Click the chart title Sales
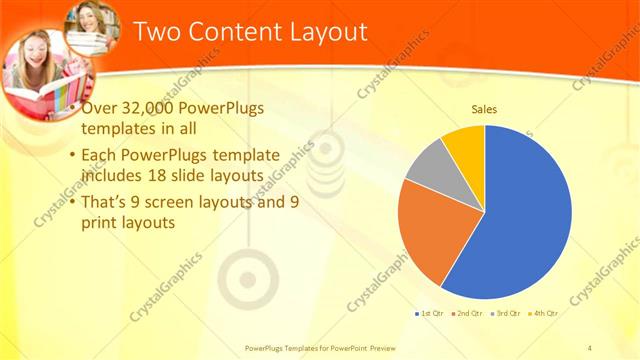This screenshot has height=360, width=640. [484, 109]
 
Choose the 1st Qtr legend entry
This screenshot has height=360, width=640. [433, 313]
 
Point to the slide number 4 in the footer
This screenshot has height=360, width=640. [590, 348]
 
